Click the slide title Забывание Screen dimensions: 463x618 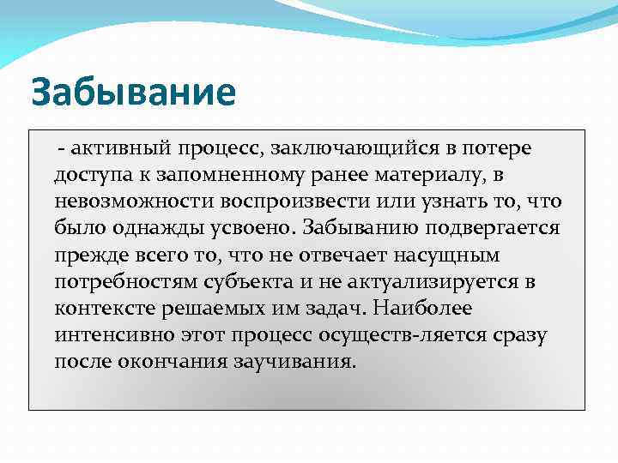(x=133, y=93)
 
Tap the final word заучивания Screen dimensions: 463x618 (x=293, y=362)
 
